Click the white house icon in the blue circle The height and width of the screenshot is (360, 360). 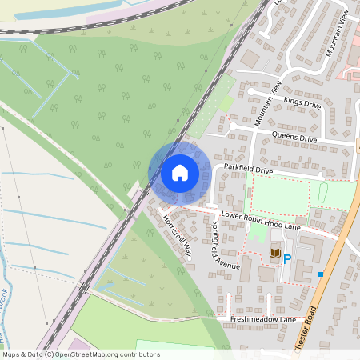coord(179,172)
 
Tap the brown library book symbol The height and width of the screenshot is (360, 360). coord(274,254)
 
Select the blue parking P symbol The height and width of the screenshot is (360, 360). coord(286,258)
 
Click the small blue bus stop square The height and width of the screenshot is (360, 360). coord(321,274)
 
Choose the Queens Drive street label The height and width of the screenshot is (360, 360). coord(294,138)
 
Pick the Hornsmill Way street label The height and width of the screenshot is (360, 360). coord(177,235)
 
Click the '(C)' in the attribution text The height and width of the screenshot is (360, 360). coord(49,354)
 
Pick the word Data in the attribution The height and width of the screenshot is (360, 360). coord(35,354)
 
